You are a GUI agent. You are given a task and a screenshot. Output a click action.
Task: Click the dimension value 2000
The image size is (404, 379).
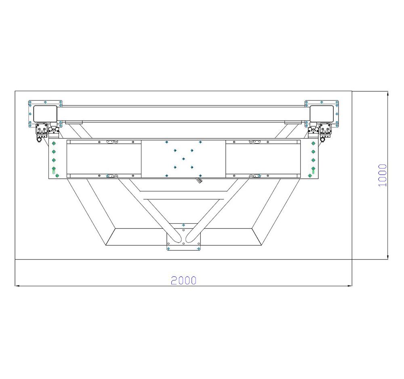point(183,280)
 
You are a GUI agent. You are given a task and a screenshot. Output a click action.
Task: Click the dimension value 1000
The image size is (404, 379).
point(382,175)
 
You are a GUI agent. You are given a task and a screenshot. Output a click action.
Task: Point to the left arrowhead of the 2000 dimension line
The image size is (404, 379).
point(17,286)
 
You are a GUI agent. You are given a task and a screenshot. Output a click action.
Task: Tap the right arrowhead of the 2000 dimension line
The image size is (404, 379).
point(349,286)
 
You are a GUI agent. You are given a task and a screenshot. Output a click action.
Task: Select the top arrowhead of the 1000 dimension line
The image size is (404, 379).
point(387,94)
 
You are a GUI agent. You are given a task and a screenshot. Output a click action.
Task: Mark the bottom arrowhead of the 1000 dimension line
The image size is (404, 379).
point(387,257)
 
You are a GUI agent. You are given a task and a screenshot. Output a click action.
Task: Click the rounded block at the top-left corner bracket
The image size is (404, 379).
point(45,113)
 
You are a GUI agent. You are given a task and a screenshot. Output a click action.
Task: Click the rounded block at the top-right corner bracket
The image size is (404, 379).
point(322,113)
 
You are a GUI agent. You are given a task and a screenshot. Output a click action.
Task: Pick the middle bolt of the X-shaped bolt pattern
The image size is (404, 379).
point(183,159)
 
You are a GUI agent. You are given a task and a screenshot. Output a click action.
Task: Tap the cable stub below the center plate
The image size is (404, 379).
point(200,180)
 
